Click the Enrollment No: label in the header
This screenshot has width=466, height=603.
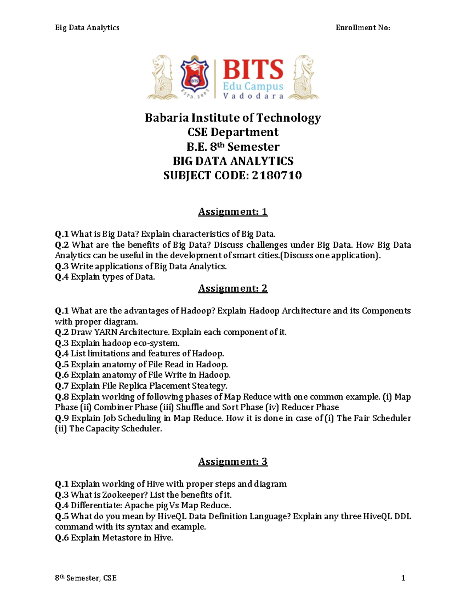coord(363,28)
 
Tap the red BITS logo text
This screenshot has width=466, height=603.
coord(253,70)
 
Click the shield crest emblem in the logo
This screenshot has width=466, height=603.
coord(195,76)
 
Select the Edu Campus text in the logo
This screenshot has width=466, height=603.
coord(253,86)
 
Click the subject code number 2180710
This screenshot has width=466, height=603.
coord(276,176)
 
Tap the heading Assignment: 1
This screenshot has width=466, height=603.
coord(233,212)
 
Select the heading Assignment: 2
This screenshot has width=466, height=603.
coord(233,288)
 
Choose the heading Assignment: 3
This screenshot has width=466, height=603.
coord(233,462)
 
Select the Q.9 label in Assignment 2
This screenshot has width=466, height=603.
coord(62,418)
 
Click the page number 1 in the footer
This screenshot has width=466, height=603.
coord(403,578)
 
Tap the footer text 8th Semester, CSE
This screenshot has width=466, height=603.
coord(86,578)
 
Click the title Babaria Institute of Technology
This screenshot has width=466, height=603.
coord(233,118)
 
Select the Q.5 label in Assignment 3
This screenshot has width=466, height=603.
coord(62,516)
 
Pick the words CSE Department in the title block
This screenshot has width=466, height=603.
coord(233,132)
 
